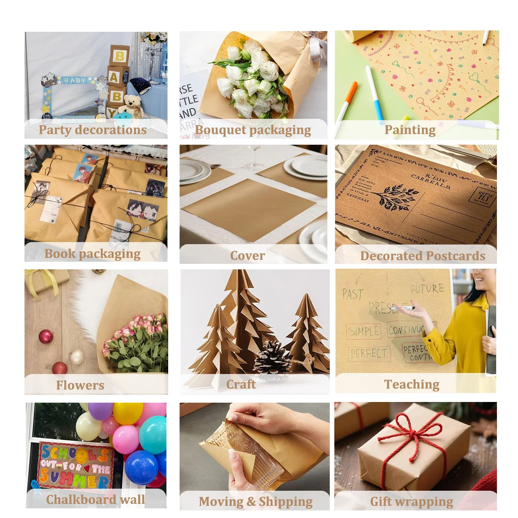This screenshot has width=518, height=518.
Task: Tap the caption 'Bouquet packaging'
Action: [253, 130]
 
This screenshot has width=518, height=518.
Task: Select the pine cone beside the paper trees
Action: [272, 359]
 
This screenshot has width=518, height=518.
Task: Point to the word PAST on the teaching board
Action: [352, 294]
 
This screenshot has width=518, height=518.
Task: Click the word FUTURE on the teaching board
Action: [428, 288]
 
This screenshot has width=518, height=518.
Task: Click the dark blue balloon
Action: [141, 468]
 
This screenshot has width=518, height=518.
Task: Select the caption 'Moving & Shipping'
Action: [256, 501]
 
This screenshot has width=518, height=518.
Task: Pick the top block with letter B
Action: [119, 56]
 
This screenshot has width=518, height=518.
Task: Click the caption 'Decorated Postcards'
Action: [423, 256]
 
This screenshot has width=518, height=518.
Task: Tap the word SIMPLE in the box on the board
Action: [364, 332]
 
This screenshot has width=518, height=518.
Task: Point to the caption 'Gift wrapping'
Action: [411, 501]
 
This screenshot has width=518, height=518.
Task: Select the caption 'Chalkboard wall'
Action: [95, 500]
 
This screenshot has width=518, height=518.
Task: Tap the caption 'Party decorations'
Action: [93, 130]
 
